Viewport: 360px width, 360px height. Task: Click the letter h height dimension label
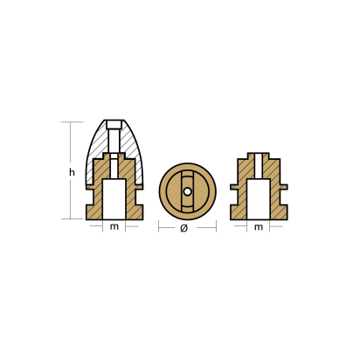(72, 172)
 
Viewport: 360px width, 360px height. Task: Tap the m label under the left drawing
(114, 226)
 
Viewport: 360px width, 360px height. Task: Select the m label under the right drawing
(259, 227)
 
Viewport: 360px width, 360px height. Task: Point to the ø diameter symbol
(183, 228)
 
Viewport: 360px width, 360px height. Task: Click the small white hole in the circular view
(188, 191)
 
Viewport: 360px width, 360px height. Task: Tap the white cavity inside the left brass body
(114, 199)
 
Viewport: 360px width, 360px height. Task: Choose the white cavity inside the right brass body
(259, 199)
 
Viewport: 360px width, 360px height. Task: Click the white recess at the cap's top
(114, 125)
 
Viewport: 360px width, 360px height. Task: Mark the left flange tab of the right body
(234, 187)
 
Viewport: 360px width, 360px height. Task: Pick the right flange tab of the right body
(283, 187)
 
